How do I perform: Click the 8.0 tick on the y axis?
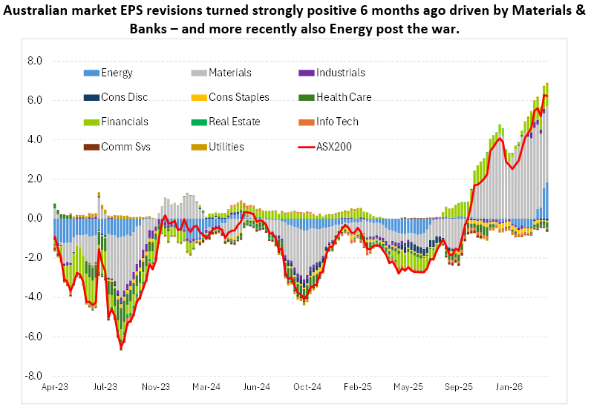(34, 61)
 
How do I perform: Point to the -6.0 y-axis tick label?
(33, 337)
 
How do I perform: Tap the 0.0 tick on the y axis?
(34, 218)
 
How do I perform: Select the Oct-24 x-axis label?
(307, 386)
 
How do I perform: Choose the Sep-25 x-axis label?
(459, 386)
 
